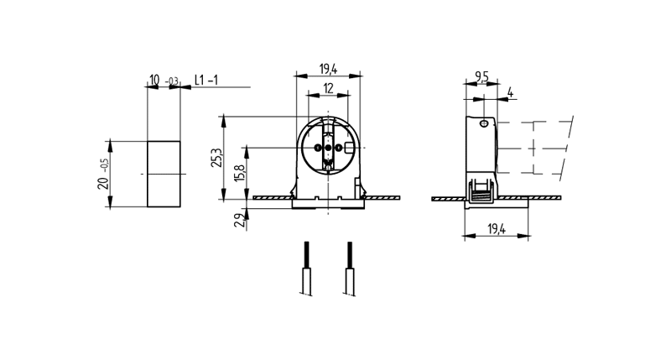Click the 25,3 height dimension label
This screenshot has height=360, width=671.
pyautogui.click(x=216, y=158)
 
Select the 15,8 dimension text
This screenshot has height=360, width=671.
pyautogui.click(x=239, y=174)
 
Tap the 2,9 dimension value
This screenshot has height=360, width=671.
pyautogui.click(x=239, y=222)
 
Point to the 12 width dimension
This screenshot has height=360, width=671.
pyautogui.click(x=328, y=89)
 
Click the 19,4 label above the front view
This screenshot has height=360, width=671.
pyautogui.click(x=328, y=68)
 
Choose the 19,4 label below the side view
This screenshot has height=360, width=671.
pyautogui.click(x=496, y=228)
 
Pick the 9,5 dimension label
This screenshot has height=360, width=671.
pyautogui.click(x=481, y=77)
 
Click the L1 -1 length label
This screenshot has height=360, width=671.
pyautogui.click(x=206, y=80)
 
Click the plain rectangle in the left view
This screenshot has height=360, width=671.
pyautogui.click(x=164, y=173)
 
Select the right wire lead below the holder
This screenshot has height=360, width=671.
pyautogui.click(x=349, y=268)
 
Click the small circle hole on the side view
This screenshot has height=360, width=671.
pyautogui.click(x=484, y=123)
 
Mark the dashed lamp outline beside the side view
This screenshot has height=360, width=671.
pyautogui.click(x=537, y=148)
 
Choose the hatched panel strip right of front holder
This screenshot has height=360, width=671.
pyautogui.click(x=383, y=198)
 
